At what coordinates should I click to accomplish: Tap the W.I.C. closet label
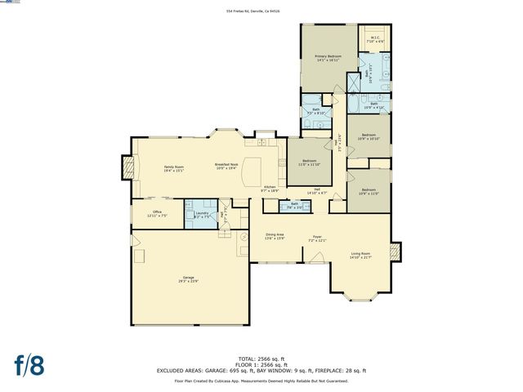[374, 38]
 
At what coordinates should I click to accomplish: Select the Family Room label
[173, 168]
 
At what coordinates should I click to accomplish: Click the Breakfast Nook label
[226, 167]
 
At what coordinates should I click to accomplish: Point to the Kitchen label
[269, 189]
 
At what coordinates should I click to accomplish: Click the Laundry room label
[200, 215]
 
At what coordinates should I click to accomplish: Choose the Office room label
[157, 213]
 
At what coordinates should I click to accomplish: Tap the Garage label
[187, 279]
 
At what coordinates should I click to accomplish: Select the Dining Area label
[275, 236]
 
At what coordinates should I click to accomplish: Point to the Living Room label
[360, 256]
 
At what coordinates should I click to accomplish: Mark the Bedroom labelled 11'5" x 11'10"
[309, 163]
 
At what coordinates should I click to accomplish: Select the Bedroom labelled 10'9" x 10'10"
[369, 136]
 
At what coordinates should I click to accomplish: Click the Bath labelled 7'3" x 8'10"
[315, 111]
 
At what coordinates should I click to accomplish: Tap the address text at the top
[261, 11]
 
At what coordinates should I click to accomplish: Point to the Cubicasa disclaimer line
[261, 381]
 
